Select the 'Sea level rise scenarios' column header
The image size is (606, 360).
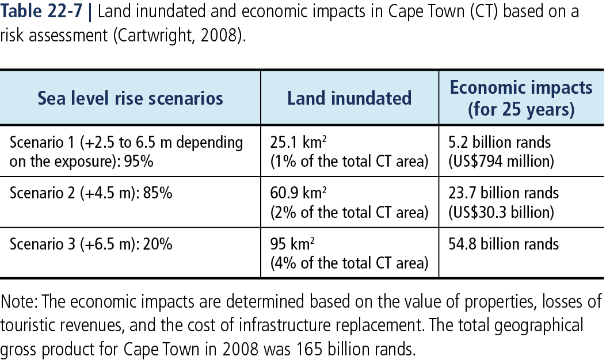[x=130, y=98]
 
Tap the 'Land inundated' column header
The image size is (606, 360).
[x=349, y=98]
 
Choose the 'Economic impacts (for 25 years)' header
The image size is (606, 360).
[x=521, y=98]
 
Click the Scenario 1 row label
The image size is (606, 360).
[x=126, y=151]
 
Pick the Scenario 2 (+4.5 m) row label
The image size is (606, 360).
[x=91, y=192]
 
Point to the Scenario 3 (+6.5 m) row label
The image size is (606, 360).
[x=91, y=243]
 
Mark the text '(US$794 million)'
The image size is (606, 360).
[x=501, y=162]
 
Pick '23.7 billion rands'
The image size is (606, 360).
[x=504, y=193]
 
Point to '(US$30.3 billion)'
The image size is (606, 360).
[x=501, y=212]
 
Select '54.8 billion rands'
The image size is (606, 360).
[x=504, y=243]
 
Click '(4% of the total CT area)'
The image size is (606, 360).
[x=349, y=263]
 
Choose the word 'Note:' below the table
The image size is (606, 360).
[x=19, y=301]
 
